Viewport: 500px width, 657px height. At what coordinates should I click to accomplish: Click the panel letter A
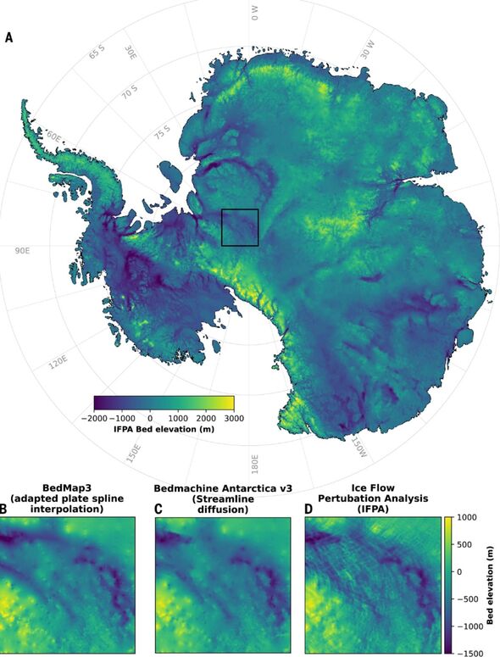click(x=8, y=37)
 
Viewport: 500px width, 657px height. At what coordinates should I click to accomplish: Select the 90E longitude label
click(x=23, y=251)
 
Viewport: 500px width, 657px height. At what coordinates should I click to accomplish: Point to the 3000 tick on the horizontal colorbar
click(x=233, y=418)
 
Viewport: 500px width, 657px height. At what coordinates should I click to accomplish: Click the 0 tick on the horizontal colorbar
click(x=150, y=418)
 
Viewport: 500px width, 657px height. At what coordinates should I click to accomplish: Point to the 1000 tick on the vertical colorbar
click(x=468, y=516)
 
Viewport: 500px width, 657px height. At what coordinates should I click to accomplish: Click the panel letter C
click(x=158, y=509)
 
